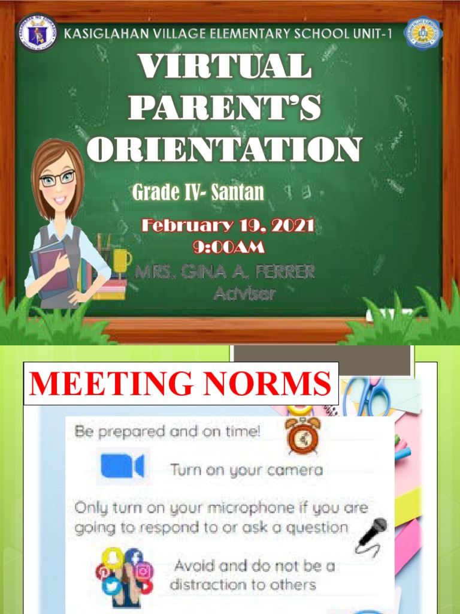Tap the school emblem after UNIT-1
(x=423, y=33)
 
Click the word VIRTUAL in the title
(x=225, y=67)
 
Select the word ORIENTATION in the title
(x=225, y=150)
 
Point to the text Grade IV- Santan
(x=198, y=192)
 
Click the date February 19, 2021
(x=228, y=226)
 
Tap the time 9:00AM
(x=228, y=246)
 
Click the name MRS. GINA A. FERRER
(x=225, y=272)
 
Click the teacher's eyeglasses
(x=57, y=178)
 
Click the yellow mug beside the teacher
(x=120, y=260)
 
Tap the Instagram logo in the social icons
(x=144, y=571)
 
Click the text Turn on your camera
(x=246, y=469)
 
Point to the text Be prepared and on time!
(x=167, y=431)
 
